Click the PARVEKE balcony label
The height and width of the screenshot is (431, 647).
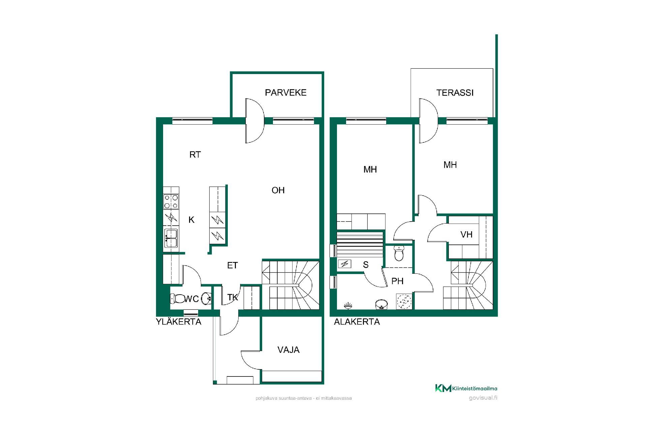[285, 93]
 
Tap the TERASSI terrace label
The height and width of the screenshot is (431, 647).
[455, 93]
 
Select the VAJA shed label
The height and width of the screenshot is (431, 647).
[288, 350]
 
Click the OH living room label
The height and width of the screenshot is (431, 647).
[278, 190]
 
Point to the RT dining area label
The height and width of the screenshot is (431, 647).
[195, 155]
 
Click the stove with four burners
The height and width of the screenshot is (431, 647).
[171, 202]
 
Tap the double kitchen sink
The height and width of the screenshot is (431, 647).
[171, 238]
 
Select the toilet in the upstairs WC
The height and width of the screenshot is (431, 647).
[177, 298]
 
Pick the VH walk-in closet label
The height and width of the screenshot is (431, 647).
[466, 234]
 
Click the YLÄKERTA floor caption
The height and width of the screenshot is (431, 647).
[179, 322]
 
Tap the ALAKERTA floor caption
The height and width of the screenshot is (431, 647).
[357, 322]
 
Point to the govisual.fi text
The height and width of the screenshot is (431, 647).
[483, 398]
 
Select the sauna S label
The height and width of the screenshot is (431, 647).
[366, 265]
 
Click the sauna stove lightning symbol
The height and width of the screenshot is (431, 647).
[344, 264]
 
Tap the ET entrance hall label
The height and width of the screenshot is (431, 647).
[232, 265]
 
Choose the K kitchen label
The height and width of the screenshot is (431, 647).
[191, 220]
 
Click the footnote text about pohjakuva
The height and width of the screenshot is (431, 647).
[304, 398]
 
